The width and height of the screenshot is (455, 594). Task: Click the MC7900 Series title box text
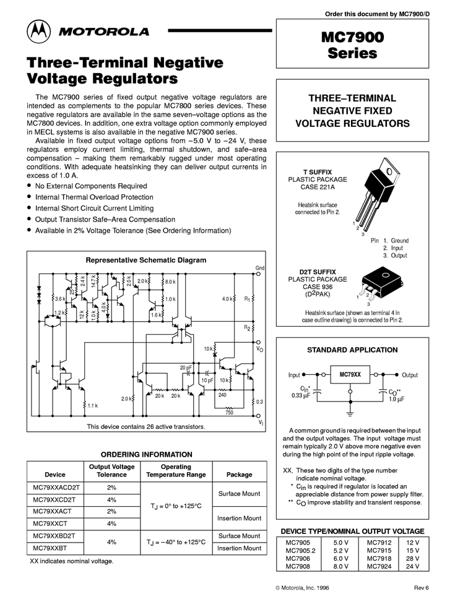tap(352, 45)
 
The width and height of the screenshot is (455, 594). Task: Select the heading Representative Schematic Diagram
tap(145, 260)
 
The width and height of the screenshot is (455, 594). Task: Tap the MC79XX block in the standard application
tap(350, 375)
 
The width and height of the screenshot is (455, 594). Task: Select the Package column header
tap(239, 475)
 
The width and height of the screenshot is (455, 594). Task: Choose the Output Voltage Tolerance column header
tap(111, 470)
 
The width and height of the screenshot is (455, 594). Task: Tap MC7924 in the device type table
tap(379, 566)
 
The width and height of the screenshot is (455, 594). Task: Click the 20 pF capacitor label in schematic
tap(185, 368)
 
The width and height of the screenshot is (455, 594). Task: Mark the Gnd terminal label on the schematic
tap(260, 268)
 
